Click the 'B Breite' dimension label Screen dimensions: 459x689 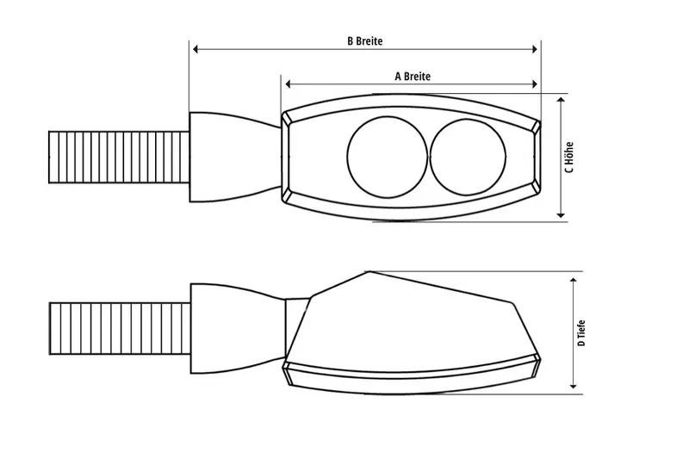364,40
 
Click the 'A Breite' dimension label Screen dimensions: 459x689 412,76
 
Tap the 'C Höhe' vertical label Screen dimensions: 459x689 569,157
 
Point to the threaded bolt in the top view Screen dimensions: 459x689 120,156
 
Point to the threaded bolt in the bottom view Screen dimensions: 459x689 120,326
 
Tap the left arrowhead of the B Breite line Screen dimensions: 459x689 196,50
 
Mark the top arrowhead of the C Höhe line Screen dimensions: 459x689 561,100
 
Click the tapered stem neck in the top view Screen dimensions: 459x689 233,156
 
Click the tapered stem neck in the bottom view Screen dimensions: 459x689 237,326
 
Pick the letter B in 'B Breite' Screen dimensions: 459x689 349,40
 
